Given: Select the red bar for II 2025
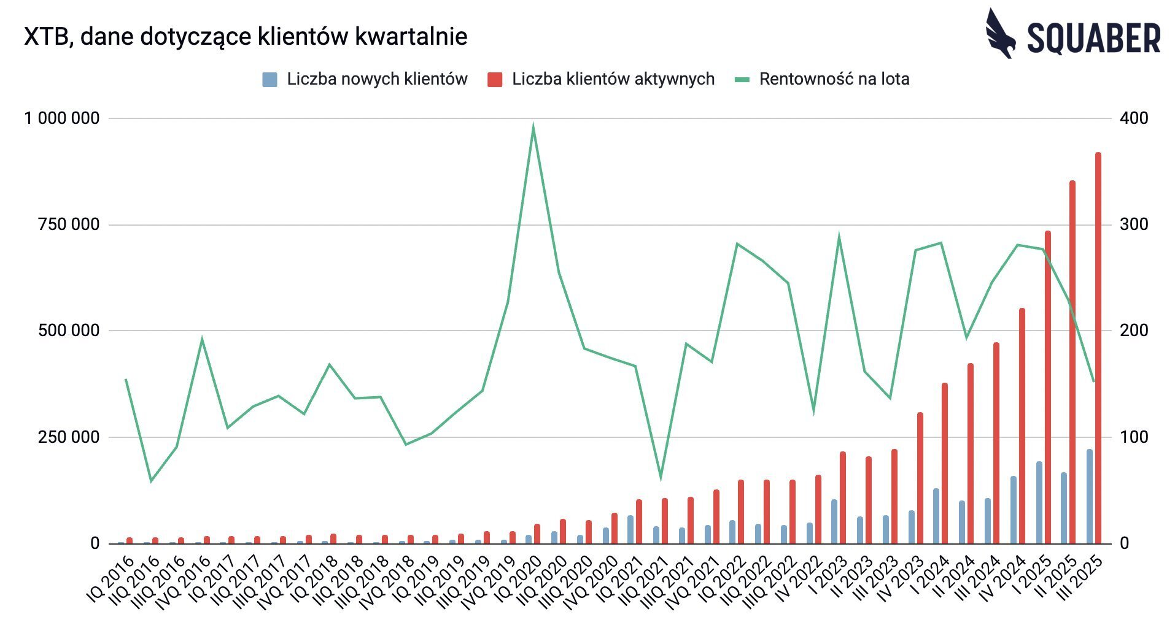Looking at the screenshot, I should (1072, 362).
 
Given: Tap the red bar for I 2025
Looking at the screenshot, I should (1047, 387).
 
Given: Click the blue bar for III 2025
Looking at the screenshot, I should (1090, 496).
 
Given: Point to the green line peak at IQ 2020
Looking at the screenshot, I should (533, 127).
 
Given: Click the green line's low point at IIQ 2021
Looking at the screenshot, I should (661, 478).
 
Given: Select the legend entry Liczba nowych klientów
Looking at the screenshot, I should (365, 79).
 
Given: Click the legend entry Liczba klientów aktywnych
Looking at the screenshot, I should (602, 79).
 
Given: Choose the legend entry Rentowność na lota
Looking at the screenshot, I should (823, 79).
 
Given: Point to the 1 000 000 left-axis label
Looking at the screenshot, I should (61, 118).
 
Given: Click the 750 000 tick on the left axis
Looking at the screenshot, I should (69, 224).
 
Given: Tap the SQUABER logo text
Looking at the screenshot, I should (1094, 38).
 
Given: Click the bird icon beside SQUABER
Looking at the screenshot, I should (1000, 34).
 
